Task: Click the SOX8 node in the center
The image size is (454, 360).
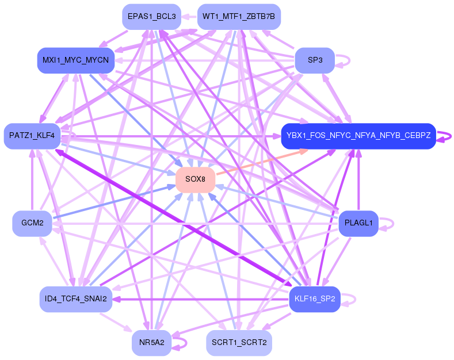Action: click(196, 179)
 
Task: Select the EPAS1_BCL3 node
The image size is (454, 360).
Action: click(152, 17)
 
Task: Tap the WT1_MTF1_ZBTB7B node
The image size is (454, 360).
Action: click(239, 17)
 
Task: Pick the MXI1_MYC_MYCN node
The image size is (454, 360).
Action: click(76, 60)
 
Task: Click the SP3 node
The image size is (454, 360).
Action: click(315, 60)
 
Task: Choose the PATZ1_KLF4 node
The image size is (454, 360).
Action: click(32, 136)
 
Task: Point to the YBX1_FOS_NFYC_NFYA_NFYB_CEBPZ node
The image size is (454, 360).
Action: click(358, 136)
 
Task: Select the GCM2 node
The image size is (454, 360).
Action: click(32, 224)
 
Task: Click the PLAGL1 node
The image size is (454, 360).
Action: click(358, 224)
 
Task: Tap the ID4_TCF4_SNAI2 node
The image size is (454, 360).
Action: click(76, 300)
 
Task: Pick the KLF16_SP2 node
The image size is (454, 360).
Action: click(315, 300)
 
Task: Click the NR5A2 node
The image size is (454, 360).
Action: click(152, 343)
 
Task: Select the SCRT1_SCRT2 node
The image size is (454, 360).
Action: click(239, 343)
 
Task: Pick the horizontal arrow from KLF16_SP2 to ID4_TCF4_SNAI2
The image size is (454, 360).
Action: click(201, 300)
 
